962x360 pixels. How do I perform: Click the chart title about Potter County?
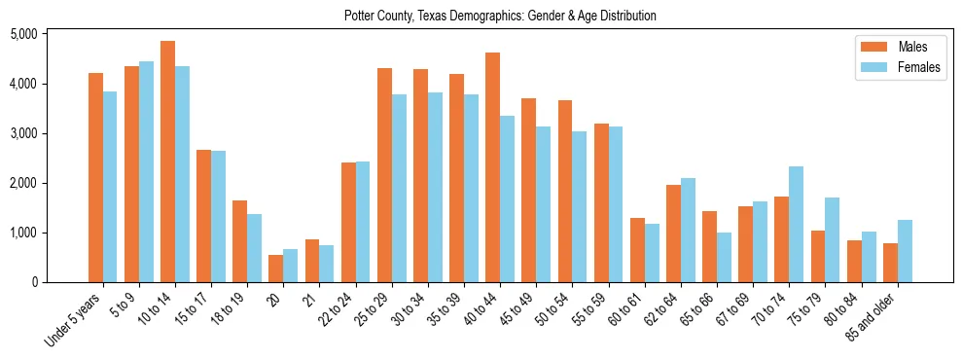pos(500,17)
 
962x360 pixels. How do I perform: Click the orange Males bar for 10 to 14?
pos(167,162)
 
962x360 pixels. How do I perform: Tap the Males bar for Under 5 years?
pos(95,177)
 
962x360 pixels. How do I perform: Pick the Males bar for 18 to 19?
pos(239,241)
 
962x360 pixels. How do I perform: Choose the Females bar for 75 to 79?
pos(833,239)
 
